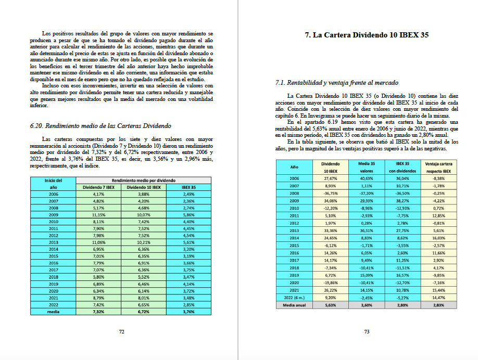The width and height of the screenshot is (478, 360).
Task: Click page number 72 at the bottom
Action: tap(121, 331)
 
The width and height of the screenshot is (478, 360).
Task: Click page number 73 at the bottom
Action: tap(367, 331)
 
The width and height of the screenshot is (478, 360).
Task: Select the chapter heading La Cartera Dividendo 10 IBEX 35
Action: tap(366, 36)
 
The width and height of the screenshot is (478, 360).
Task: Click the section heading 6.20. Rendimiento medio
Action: tap(101, 126)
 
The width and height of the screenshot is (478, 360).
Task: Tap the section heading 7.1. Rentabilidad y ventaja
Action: tap(336, 83)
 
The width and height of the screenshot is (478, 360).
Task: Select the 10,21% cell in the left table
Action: tap(144, 242)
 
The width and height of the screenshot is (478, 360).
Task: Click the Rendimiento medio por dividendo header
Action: tap(144, 181)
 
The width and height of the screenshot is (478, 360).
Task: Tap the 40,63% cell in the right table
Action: tap(367, 178)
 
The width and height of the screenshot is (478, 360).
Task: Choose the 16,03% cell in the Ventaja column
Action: tap(438, 237)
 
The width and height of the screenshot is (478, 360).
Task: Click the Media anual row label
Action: tap(294, 305)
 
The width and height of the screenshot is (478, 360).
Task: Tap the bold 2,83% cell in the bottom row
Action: tap(438, 305)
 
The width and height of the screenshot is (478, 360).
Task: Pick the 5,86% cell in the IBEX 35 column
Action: tap(188, 214)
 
